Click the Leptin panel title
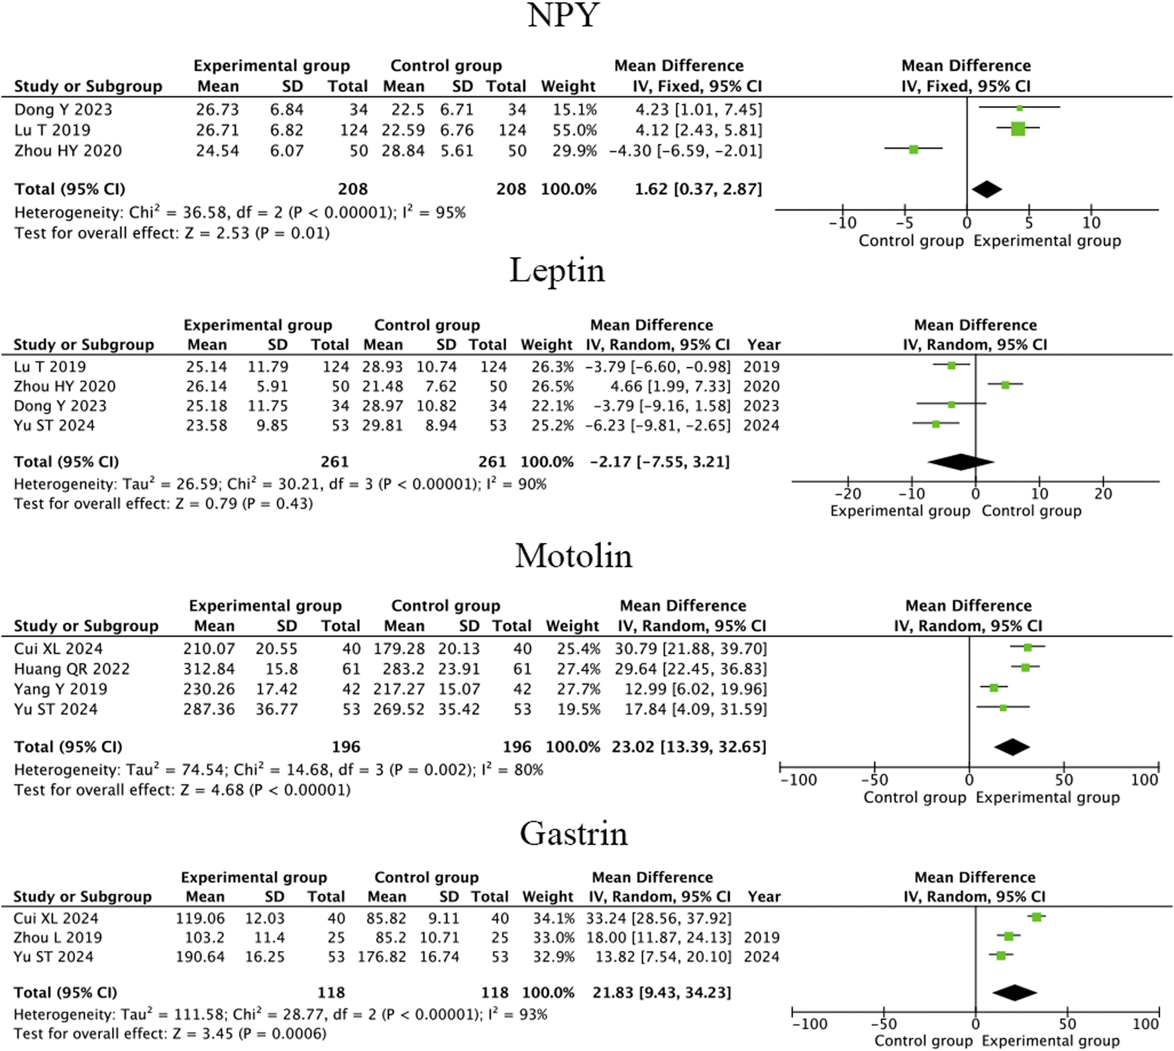[557, 271]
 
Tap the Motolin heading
[574, 556]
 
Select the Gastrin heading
[574, 833]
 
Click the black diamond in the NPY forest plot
[987, 189]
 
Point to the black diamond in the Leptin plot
[960, 462]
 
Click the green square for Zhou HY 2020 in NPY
[914, 150]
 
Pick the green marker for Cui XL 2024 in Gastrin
[1036, 917]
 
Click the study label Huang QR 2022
[72, 669]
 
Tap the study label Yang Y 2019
[60, 689]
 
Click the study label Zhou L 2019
[58, 937]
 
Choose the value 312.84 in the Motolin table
[209, 669]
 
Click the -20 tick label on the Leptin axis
[847, 494]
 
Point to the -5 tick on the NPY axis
[905, 223]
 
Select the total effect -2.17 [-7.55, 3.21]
[660, 462]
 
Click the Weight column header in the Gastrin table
[548, 896]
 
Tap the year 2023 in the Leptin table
[761, 405]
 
